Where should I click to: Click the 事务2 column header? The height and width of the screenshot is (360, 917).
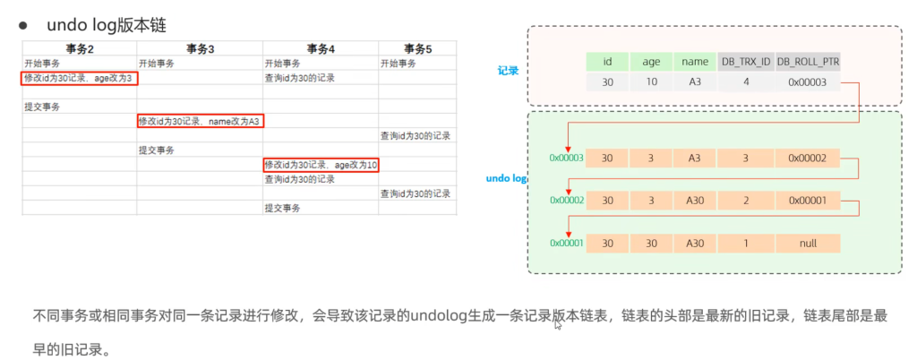(80, 48)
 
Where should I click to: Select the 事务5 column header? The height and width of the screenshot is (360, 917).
(416, 48)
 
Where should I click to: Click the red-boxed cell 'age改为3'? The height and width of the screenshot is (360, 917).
(81, 78)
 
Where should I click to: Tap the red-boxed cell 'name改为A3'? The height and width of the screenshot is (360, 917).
(200, 121)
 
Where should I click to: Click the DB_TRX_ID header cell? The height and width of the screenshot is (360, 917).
(745, 62)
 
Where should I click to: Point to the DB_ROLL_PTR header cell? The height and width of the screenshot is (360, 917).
(808, 62)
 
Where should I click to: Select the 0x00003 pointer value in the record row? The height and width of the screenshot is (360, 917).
(808, 82)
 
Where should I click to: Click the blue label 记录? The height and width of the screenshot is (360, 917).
(509, 69)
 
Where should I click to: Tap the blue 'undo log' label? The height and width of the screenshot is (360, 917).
(505, 178)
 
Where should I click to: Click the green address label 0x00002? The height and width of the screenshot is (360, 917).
(567, 201)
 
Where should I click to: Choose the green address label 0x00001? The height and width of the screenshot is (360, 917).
(567, 243)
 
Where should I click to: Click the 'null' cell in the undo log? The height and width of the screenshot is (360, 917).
(808, 243)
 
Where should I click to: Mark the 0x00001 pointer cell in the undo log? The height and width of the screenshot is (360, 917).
(808, 201)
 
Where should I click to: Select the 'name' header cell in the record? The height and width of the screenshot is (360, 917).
(695, 62)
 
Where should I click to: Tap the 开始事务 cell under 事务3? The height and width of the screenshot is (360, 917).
(156, 64)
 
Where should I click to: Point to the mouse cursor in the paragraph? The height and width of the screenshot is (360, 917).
(557, 324)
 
